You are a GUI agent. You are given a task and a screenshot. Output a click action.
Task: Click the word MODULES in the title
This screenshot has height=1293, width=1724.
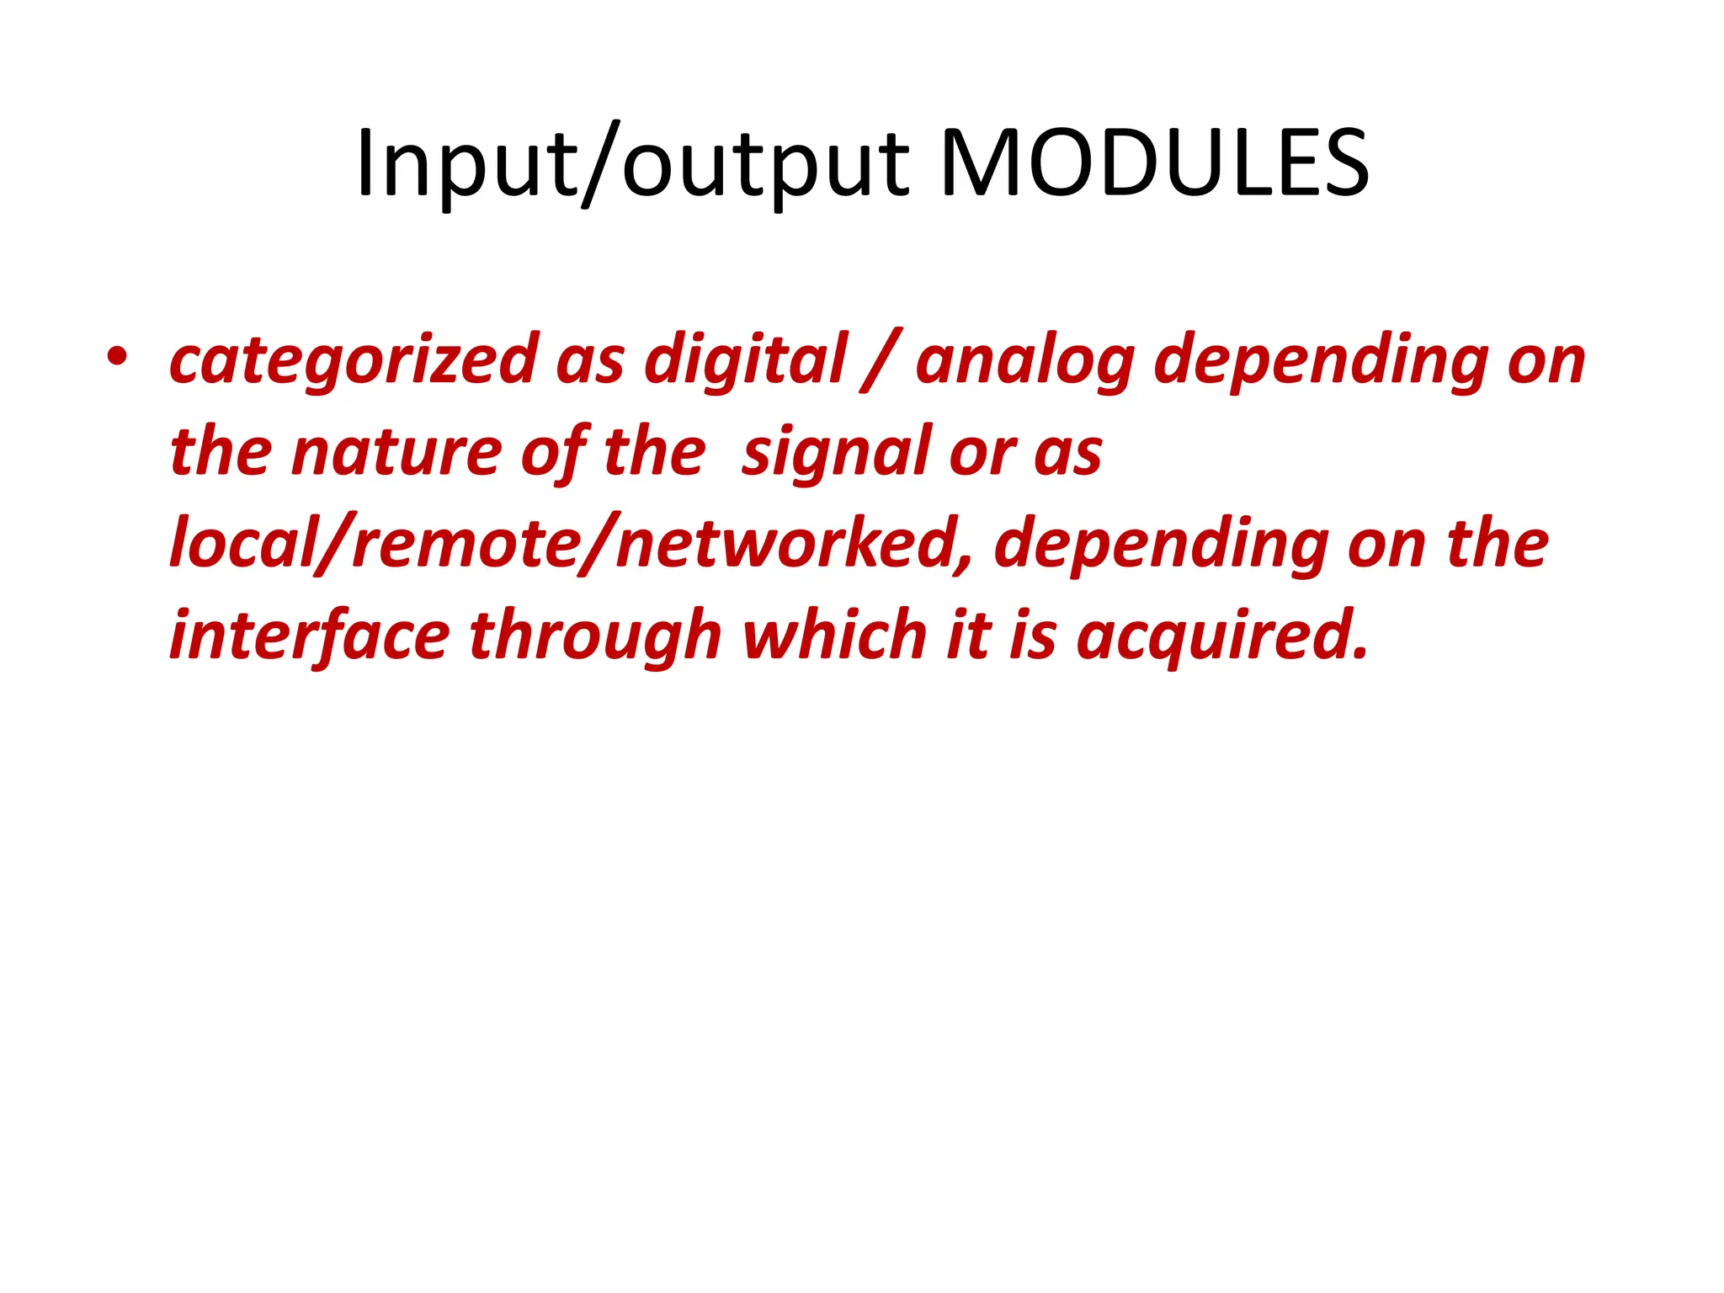[1154, 163]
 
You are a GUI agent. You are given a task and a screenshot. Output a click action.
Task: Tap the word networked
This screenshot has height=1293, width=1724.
[787, 544]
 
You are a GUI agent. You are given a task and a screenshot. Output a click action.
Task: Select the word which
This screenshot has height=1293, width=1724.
[834, 636]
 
